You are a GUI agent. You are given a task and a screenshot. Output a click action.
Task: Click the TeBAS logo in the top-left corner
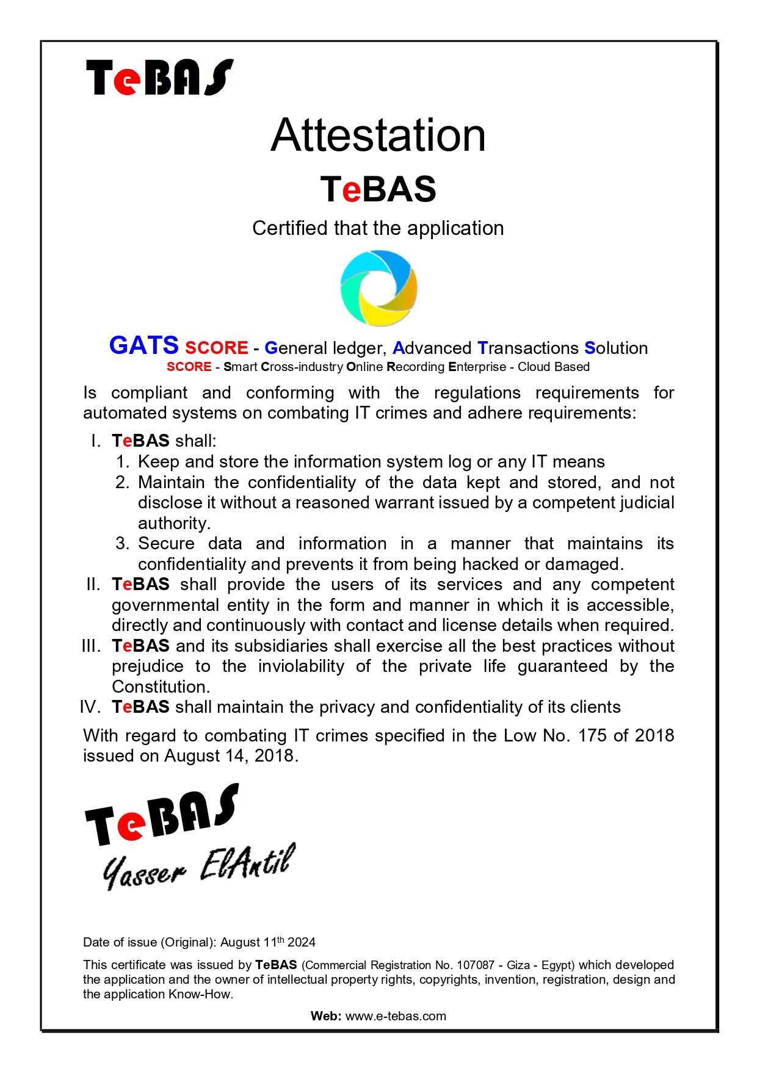159,78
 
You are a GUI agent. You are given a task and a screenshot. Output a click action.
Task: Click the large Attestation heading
378,135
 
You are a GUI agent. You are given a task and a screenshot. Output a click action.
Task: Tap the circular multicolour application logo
378,287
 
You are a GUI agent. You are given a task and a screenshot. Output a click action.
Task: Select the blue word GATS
143,345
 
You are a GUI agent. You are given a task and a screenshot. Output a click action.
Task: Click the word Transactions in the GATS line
527,348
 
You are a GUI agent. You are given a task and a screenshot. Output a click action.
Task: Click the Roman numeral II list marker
93,585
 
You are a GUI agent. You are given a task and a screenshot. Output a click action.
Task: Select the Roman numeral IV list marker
90,707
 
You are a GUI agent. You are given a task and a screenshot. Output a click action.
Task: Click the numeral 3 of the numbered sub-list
121,544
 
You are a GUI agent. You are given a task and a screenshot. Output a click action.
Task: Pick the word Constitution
161,687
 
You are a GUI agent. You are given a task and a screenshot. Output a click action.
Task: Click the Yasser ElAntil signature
198,867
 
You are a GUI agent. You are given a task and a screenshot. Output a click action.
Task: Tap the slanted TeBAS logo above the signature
162,815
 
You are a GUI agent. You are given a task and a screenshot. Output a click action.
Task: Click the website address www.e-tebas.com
396,1017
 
